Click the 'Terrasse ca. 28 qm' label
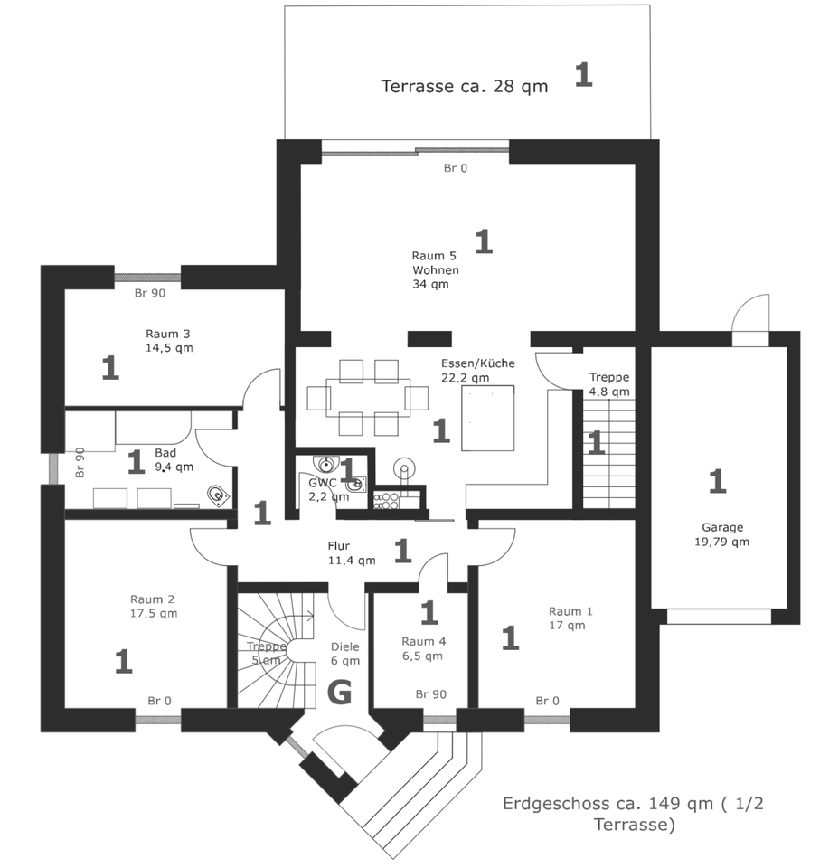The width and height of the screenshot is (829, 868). click(x=451, y=87)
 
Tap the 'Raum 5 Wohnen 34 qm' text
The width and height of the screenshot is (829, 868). click(x=435, y=269)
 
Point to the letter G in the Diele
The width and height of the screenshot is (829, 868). click(x=339, y=693)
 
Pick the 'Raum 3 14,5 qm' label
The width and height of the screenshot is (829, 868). click(x=169, y=340)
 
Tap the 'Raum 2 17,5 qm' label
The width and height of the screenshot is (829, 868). click(x=153, y=606)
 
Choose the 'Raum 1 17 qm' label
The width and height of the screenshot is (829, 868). click(x=570, y=618)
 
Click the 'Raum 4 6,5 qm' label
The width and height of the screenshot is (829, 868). click(x=422, y=648)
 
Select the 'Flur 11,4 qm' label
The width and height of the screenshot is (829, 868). click(x=351, y=553)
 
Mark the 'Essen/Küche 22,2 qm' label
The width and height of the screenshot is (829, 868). click(x=477, y=370)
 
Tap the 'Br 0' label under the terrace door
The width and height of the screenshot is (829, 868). click(x=456, y=168)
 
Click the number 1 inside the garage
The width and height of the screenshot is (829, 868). click(x=717, y=481)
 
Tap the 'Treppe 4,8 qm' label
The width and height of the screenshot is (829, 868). click(x=609, y=384)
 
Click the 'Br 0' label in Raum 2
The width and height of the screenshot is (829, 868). click(x=159, y=700)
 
